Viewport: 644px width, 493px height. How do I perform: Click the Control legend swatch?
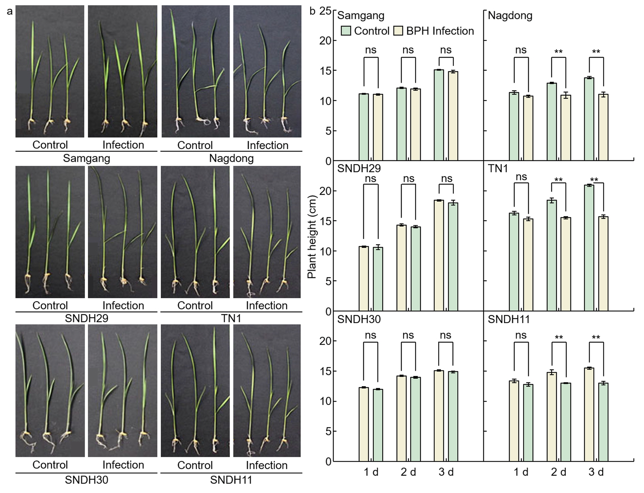click(x=346, y=31)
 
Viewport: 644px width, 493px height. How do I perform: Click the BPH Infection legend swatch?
click(x=398, y=31)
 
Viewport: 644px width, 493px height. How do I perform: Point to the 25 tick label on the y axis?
click(x=326, y=11)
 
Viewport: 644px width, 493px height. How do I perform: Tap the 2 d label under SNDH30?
click(x=408, y=472)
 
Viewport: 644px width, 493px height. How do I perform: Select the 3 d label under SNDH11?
click(x=596, y=472)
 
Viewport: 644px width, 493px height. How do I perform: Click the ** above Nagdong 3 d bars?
click(x=596, y=52)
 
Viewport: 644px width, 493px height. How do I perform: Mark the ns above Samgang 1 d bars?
click(x=371, y=50)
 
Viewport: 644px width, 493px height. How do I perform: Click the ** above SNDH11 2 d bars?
click(x=559, y=338)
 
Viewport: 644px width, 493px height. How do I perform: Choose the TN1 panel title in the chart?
click(x=498, y=168)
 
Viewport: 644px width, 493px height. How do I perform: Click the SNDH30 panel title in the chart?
click(x=359, y=319)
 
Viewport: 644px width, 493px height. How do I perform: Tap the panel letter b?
click(x=312, y=11)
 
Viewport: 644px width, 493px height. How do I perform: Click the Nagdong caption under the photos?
click(x=231, y=158)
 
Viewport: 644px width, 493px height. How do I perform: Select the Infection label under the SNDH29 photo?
click(x=123, y=305)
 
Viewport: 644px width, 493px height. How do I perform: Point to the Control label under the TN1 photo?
click(x=195, y=305)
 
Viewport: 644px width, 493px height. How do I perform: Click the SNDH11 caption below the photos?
click(x=231, y=480)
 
